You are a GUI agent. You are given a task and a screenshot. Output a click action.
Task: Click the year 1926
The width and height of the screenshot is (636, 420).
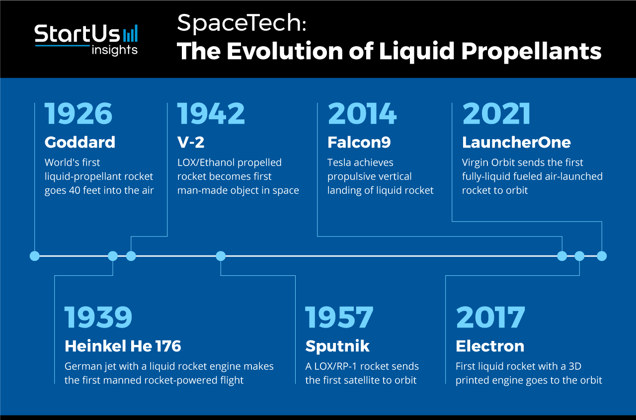click(x=79, y=114)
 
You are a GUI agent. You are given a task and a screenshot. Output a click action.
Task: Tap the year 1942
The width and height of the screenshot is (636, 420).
click(x=211, y=114)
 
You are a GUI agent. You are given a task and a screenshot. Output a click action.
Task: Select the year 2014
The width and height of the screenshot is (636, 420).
click(x=362, y=114)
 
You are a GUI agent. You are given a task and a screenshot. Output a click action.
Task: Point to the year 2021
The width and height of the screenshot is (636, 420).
click(x=496, y=114)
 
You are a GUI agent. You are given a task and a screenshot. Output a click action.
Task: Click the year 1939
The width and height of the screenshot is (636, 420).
click(x=98, y=317)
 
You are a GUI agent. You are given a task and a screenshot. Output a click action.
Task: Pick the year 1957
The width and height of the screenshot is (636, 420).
click(x=339, y=317)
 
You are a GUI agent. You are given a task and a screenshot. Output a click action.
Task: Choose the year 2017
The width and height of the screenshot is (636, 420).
click(x=490, y=317)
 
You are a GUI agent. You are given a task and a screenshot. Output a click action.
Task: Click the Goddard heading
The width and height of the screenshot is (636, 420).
click(x=80, y=142)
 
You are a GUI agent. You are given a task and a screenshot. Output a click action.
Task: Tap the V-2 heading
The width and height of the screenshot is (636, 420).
click(x=191, y=142)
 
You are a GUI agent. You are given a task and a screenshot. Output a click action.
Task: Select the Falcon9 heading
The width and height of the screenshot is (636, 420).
click(x=359, y=142)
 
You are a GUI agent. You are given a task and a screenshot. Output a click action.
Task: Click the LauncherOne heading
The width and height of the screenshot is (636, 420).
click(x=516, y=142)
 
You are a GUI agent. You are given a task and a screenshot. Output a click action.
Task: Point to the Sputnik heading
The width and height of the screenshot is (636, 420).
click(x=337, y=346)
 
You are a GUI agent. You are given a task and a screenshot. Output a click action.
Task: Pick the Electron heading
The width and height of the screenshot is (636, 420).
click(x=490, y=346)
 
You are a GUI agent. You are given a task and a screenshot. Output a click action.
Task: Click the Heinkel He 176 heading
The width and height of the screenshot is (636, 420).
click(x=123, y=346)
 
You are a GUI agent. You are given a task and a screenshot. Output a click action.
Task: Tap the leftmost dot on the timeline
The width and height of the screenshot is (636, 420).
click(x=35, y=256)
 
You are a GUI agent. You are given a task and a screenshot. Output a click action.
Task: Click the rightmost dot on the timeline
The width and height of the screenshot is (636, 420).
click(x=602, y=256)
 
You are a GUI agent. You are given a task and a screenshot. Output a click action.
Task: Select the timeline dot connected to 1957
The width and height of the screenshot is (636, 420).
click(x=221, y=256)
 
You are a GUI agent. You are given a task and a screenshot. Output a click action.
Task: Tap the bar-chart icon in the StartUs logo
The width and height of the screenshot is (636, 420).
click(x=130, y=33)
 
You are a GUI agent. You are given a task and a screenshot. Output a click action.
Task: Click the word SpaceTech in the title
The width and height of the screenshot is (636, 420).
click(x=241, y=23)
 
